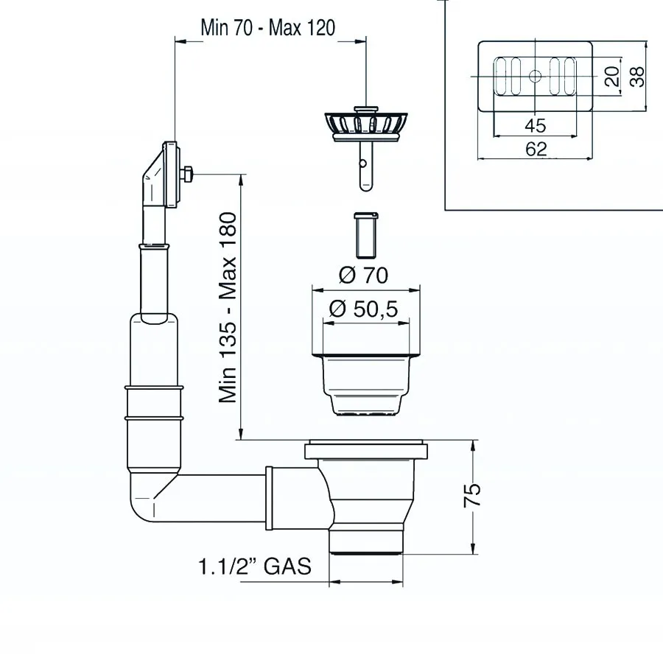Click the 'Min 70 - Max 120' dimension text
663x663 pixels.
coord(267,28)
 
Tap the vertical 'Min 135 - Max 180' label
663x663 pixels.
coord(228,307)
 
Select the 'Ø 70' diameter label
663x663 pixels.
coord(363,276)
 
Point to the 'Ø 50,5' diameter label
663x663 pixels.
coord(363,309)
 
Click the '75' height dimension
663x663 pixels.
coord(472,494)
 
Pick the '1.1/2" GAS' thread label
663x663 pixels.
coord(255,566)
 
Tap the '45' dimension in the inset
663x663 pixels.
coord(536,125)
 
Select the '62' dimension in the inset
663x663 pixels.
coord(536,149)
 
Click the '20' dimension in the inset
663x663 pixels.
coord(612,76)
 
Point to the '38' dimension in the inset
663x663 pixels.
coord(636,77)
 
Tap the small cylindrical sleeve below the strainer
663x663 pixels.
coord(366,235)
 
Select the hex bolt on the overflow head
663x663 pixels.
coord(187,175)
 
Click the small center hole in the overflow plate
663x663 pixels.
coord(536,76)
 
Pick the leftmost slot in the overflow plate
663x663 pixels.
coord(501,77)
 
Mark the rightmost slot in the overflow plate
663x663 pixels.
coord(569,77)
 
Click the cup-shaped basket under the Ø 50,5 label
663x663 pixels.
coord(366,385)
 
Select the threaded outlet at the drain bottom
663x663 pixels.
coord(366,541)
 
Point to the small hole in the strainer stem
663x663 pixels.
coord(362,164)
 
